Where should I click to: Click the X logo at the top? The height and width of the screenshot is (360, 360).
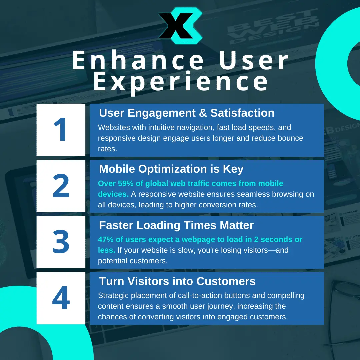tap(180, 25)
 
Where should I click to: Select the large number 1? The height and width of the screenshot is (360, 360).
tap(60, 129)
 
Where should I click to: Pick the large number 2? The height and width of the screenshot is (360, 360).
tap(61, 186)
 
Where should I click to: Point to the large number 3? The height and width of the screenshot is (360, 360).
tap(61, 242)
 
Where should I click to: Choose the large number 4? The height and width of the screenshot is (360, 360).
tap(61, 298)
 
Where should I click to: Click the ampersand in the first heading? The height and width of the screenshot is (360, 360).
tap(203, 113)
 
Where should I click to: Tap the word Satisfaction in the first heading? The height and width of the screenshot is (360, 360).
tap(242, 113)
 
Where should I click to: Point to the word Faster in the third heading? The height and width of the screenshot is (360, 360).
tap(116, 225)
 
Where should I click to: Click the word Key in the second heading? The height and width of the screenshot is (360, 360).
tap(233, 169)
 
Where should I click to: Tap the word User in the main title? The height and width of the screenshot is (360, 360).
tap(254, 60)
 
